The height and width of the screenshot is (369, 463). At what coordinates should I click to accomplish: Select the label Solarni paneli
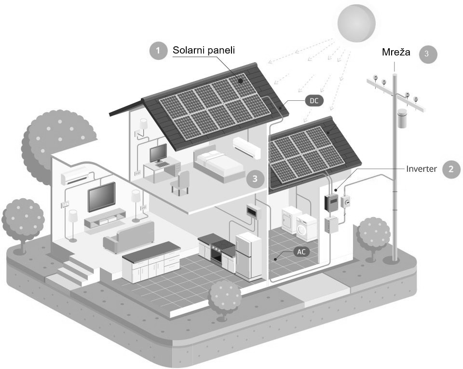[204, 50]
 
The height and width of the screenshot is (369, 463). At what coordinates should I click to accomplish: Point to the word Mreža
[396, 52]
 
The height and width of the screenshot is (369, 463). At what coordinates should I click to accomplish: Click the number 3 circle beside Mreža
[427, 55]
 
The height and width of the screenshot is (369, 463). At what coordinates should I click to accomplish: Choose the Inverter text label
[422, 169]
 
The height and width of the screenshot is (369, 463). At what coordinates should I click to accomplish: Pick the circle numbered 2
[451, 169]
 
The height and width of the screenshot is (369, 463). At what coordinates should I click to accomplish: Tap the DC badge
[313, 101]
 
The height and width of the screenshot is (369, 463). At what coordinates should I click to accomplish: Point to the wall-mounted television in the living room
[101, 196]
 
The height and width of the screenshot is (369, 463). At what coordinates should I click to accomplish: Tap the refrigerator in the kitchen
[248, 256]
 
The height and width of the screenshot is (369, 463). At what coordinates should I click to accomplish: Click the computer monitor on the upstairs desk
[158, 153]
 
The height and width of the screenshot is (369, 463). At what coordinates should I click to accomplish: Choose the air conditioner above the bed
[246, 147]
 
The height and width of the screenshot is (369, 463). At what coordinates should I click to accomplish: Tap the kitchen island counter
[151, 260]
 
